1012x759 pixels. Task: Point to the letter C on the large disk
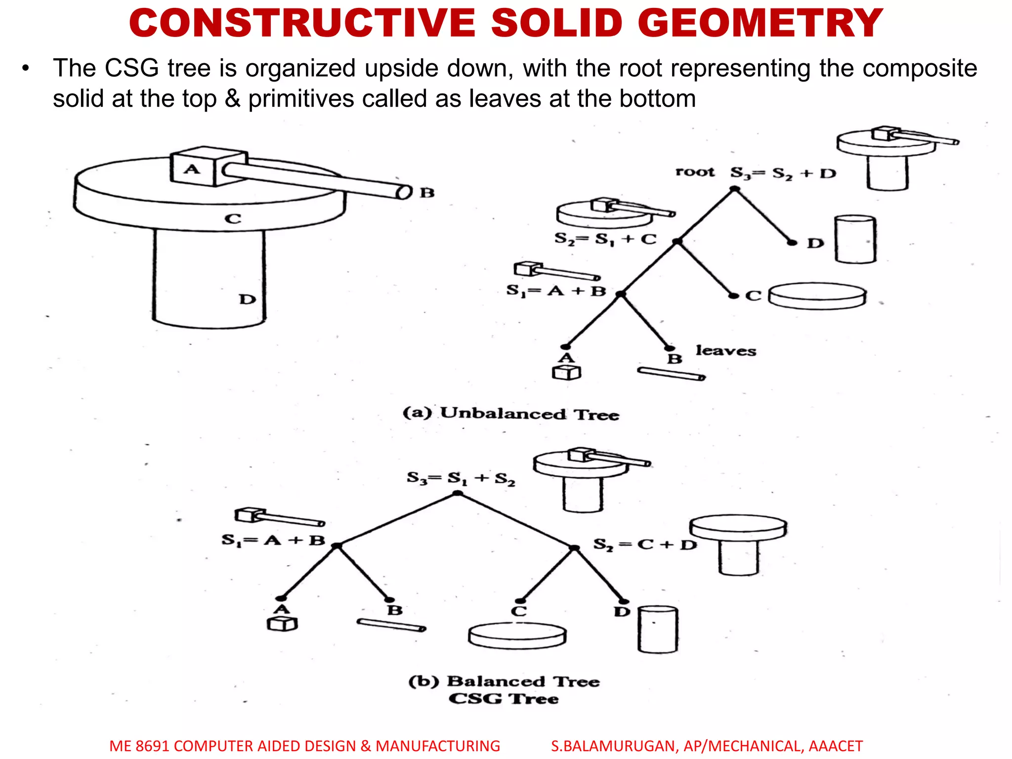coord(233,218)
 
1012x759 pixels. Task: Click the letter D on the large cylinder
coord(247,299)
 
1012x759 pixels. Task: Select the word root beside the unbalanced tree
coord(695,172)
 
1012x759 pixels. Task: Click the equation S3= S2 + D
coord(783,173)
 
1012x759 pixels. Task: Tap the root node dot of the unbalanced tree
coord(735,189)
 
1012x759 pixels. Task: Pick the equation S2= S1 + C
coord(605,239)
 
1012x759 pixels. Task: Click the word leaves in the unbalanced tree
coord(726,351)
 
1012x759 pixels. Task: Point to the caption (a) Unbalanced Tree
coord(510,413)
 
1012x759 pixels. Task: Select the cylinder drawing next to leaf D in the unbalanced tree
coord(855,240)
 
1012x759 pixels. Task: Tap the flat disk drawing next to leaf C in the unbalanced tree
coord(817,295)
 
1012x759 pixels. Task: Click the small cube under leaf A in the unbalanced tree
coord(566,373)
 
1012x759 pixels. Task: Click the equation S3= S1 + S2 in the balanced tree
coord(461,478)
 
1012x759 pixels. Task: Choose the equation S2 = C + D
coord(644,545)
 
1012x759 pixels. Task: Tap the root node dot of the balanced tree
coord(458,493)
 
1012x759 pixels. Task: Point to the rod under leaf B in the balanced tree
coord(391,625)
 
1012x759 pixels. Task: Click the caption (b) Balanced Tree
coord(504,681)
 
